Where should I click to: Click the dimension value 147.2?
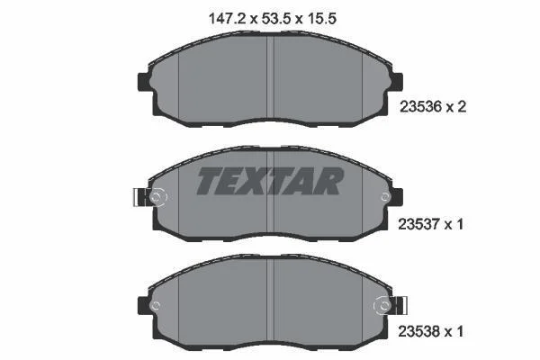228,19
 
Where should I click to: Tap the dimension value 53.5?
274,19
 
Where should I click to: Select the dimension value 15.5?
321,19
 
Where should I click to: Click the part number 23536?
420,107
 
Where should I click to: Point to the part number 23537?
419,225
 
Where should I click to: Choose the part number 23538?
419,332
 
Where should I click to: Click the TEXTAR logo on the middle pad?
270,181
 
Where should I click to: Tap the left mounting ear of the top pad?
145,82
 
